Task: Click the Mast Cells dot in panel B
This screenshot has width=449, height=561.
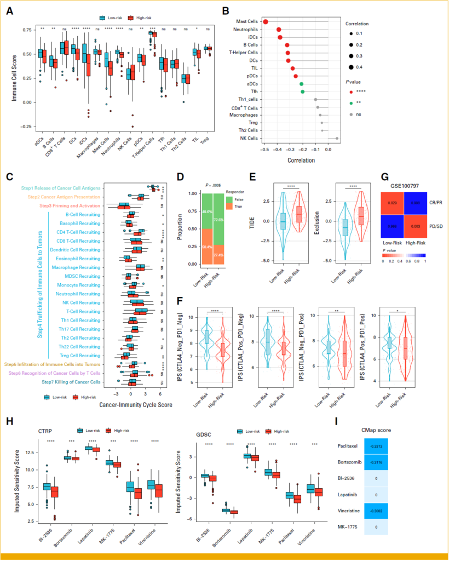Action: pyautogui.click(x=266, y=21)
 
